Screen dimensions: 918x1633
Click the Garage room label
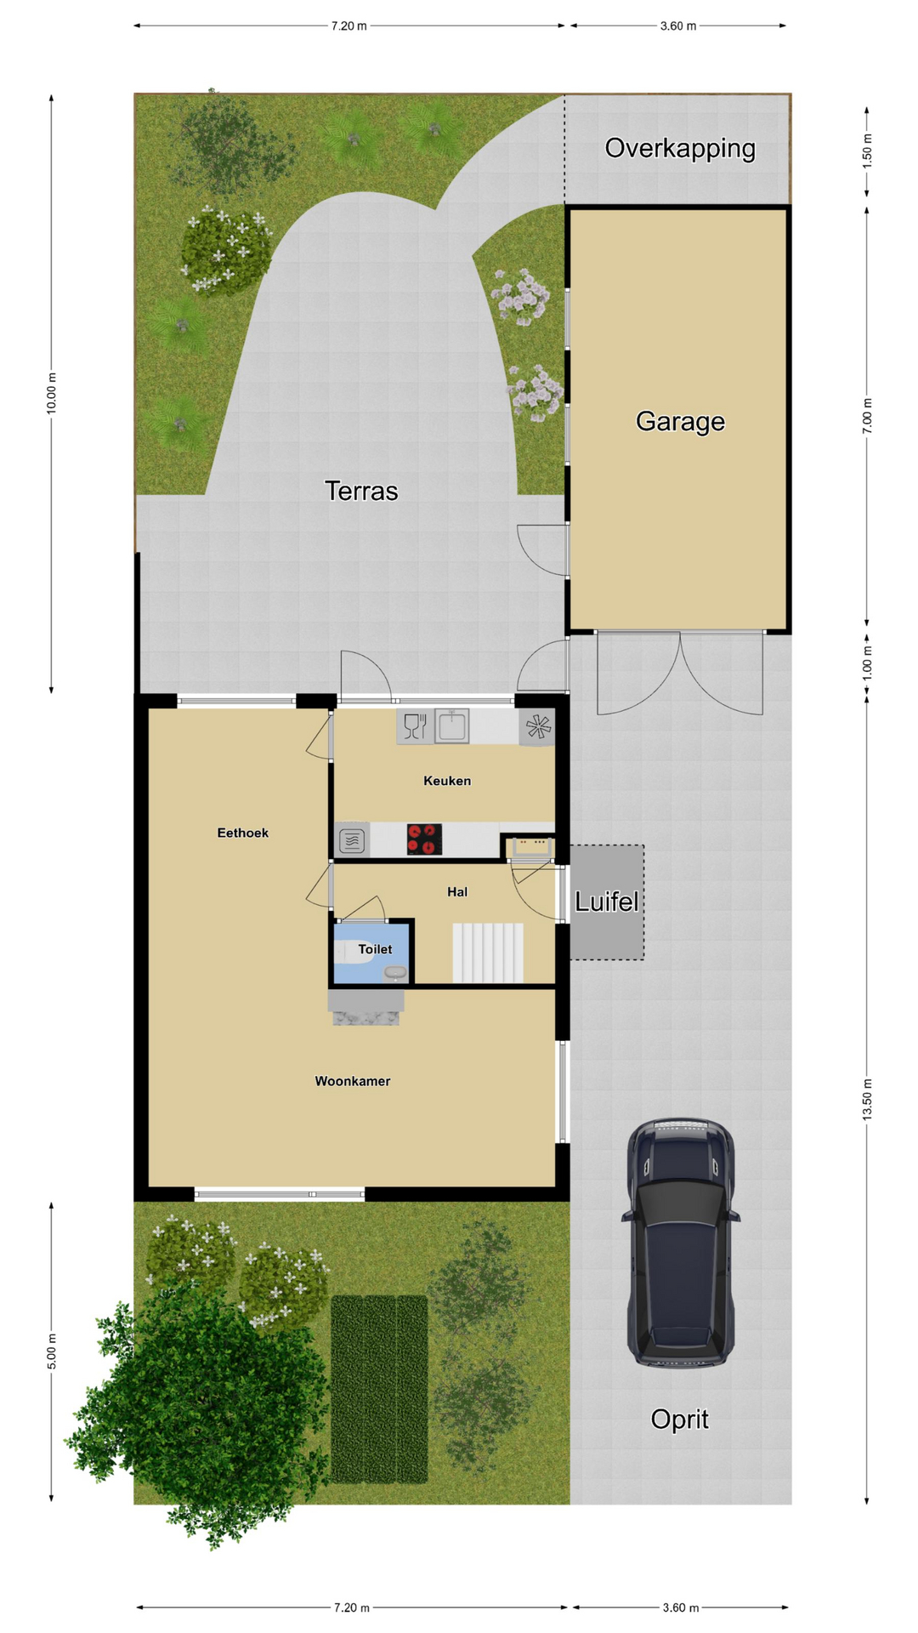coord(680,421)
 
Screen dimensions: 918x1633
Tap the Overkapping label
coord(680,149)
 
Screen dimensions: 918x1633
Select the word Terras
coord(361,491)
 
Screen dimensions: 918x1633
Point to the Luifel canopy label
coord(606,902)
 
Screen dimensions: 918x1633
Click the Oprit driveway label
coord(679,1419)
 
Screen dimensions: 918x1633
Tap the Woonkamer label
coord(353,1081)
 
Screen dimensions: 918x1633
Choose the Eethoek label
coord(243,833)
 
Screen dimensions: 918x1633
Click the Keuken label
coord(447,781)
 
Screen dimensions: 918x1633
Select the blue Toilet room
coord(371,953)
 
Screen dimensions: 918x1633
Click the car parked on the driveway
coord(680,1243)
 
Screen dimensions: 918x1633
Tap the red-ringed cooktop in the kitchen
coord(424,839)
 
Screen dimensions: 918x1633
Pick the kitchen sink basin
coord(452,726)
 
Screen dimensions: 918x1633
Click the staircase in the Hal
coord(488,953)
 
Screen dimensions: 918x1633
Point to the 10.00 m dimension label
coord(52,394)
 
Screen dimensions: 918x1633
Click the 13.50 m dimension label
coord(868,1100)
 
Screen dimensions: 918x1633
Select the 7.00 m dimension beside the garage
coord(868,416)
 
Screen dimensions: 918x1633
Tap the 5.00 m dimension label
coord(52,1351)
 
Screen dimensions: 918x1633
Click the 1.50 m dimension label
coord(868,151)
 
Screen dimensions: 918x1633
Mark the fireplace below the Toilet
coord(366,1007)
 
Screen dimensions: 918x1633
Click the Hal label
coord(457,891)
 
